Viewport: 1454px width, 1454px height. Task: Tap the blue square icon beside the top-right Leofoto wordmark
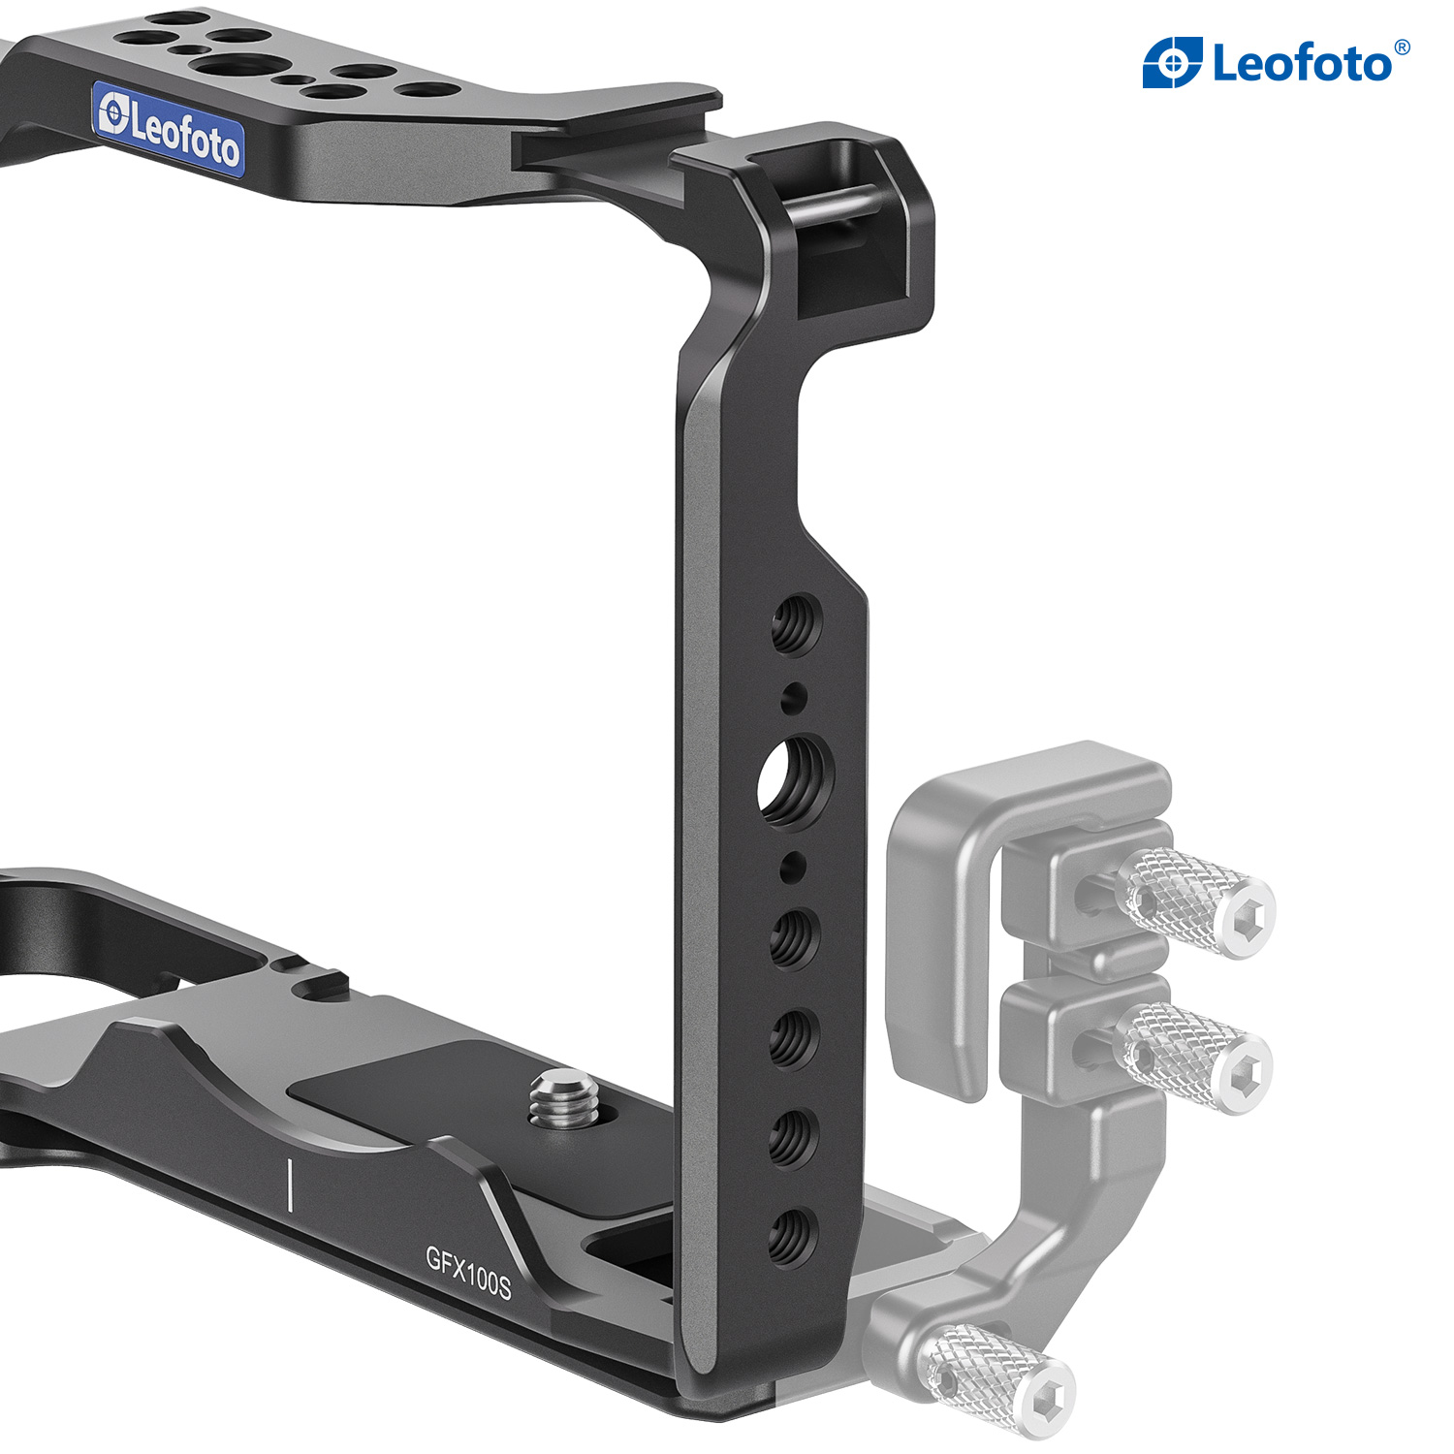1173,63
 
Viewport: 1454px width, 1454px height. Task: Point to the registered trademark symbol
1402,46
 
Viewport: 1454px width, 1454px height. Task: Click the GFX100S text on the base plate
468,1271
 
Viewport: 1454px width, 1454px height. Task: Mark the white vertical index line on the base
290,1184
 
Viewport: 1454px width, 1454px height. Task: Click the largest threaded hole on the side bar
796,779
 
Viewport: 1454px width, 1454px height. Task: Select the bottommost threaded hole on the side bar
792,1238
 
